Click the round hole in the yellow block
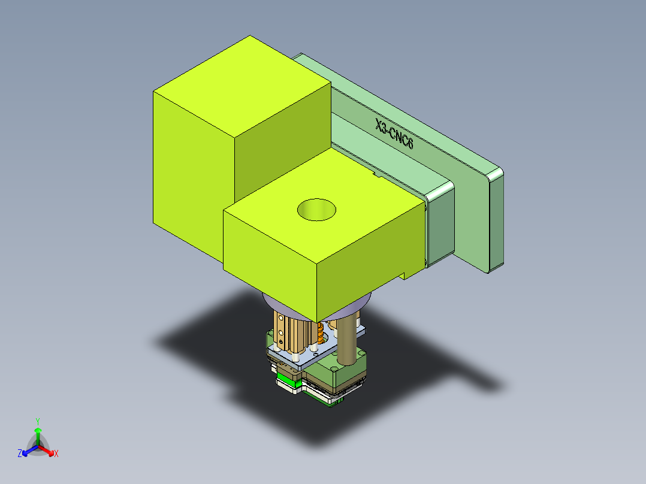316,209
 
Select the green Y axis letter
37,421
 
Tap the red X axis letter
56,454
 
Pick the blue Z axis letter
20,454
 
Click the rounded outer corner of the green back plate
496,174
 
